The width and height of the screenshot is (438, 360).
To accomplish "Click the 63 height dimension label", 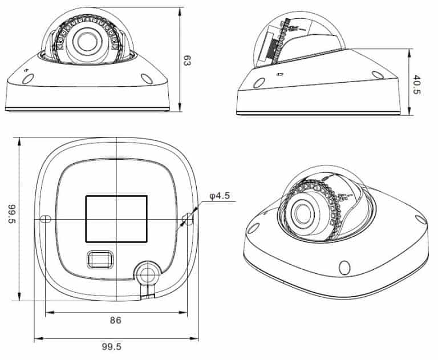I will click(186, 60).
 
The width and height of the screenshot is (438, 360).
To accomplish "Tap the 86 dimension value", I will click(115, 321).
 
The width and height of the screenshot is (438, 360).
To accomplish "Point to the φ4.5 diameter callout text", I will click(220, 196).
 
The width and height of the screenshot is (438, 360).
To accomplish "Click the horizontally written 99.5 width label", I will click(111, 346).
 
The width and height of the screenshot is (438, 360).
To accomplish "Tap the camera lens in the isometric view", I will click(301, 213).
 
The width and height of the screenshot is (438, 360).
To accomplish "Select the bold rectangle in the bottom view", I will click(116, 219).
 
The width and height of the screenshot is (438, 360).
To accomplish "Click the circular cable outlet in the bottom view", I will click(148, 273).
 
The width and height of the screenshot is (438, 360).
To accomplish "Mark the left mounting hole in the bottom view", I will click(46, 219).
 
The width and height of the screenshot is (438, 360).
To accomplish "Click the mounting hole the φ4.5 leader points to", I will click(186, 219).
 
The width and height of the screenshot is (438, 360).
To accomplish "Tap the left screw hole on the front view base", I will click(27, 79).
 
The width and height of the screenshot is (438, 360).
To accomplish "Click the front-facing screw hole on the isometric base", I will click(344, 267).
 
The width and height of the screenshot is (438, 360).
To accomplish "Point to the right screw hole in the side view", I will click(376, 74).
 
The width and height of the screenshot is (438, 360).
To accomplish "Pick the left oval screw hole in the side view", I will click(258, 83).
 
